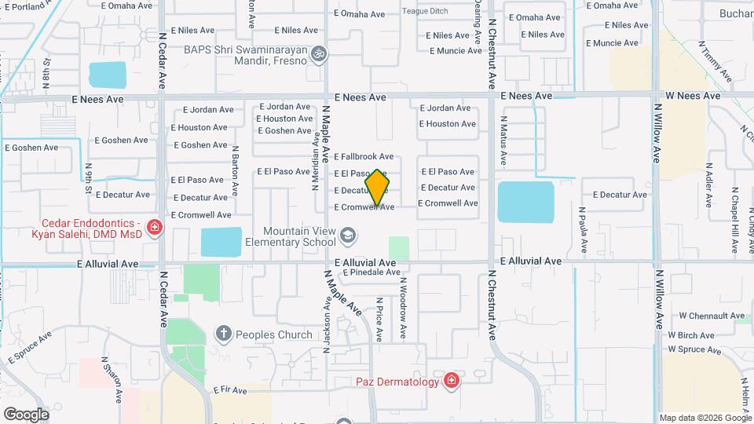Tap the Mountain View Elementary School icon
pyautogui.click(x=347, y=236)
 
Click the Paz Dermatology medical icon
pyautogui.click(x=451, y=382)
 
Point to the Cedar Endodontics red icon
pyautogui.click(x=155, y=228)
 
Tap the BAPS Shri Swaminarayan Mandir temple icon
pyautogui.click(x=318, y=54)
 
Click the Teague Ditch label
pyautogui.click(x=425, y=11)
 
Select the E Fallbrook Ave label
pyautogui.click(x=364, y=157)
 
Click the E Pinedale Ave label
pyautogui.click(x=372, y=272)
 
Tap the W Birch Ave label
pyautogui.click(x=691, y=335)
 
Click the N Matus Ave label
pyautogui.click(x=503, y=140)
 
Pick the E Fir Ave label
pyautogui.click(x=230, y=390)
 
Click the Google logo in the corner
pyautogui.click(x=26, y=414)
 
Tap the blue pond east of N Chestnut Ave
pyautogui.click(x=525, y=203)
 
